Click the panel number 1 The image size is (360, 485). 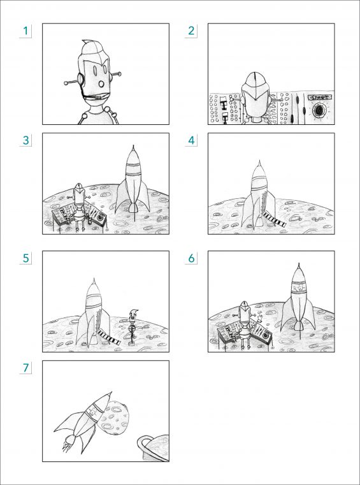tap(25, 31)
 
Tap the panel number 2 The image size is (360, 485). tap(191, 31)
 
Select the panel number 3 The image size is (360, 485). tap(25, 140)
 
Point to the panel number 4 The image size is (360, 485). tap(191, 140)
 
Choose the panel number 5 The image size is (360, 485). tap(25, 258)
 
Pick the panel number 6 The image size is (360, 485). tap(191, 258)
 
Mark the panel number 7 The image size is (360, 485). tap(25, 368)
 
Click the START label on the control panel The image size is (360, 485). tap(320, 98)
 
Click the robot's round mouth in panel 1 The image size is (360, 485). tap(102, 84)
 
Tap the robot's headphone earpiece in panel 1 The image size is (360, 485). tap(80, 79)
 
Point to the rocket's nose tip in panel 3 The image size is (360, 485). tap(133, 145)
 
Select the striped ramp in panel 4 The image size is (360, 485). tap(274, 219)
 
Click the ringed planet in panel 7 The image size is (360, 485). tap(154, 448)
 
